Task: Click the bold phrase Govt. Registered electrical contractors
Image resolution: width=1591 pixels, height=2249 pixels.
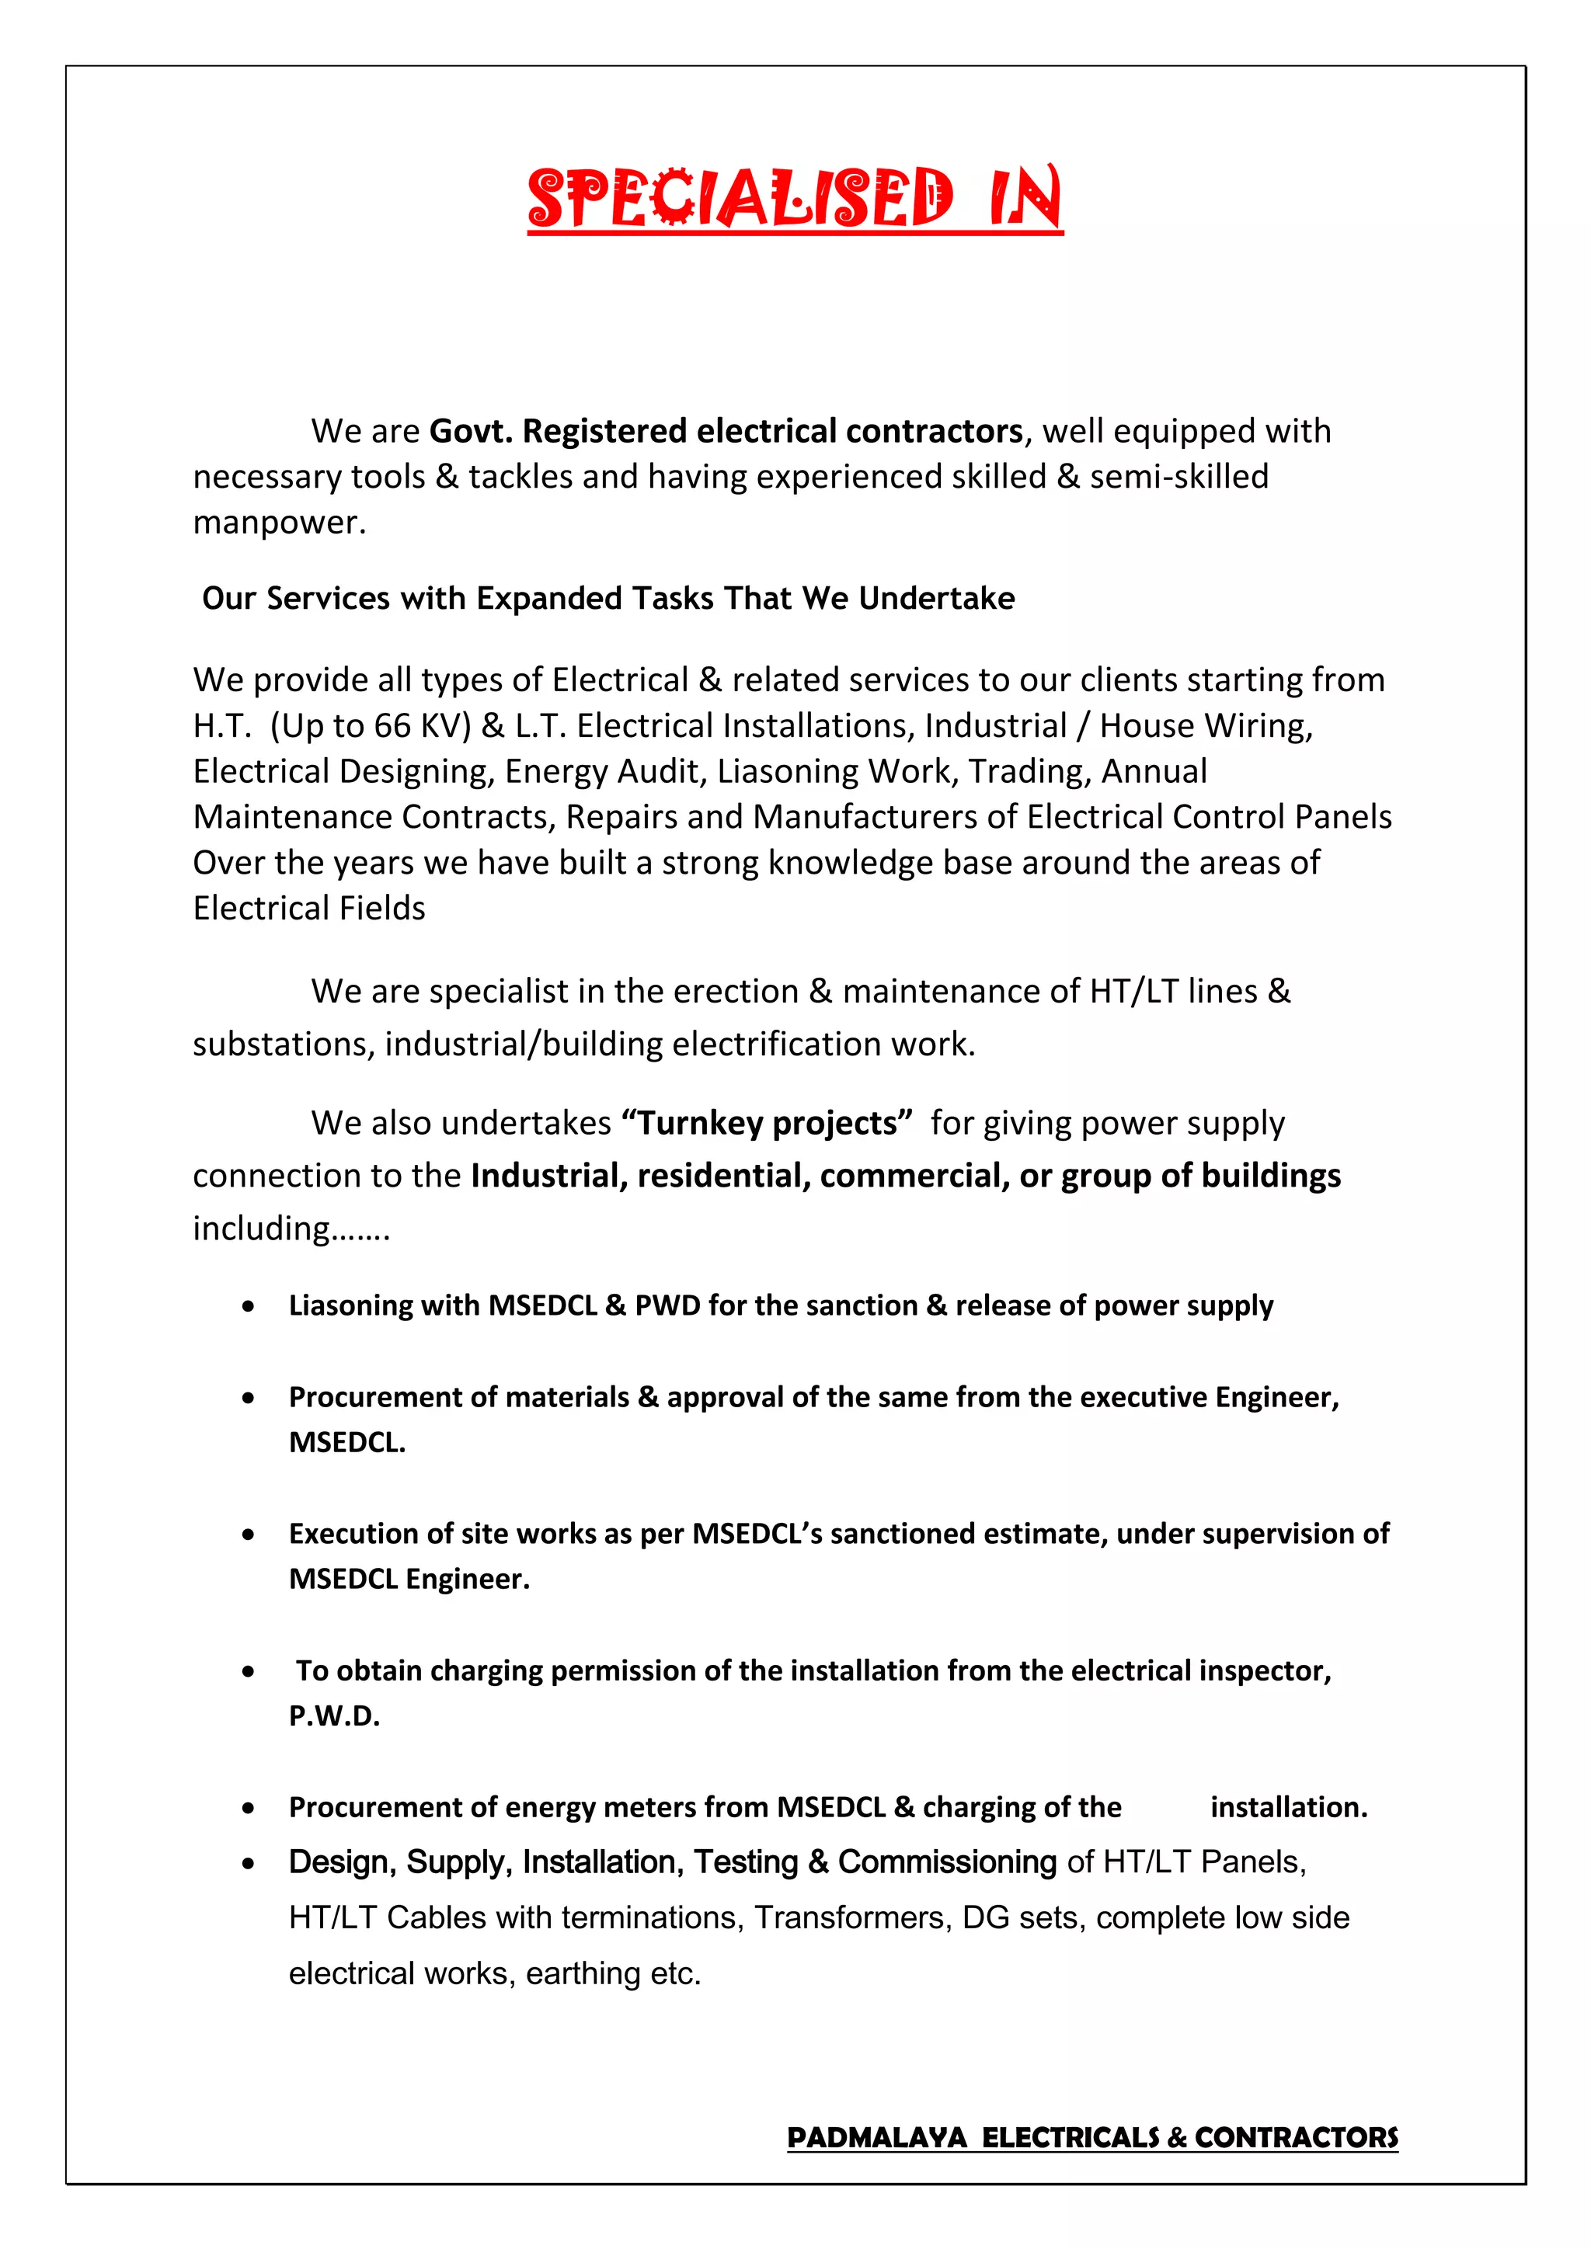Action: click(726, 431)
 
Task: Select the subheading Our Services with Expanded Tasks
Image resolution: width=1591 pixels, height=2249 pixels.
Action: click(608, 599)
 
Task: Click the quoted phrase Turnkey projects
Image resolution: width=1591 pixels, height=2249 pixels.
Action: click(767, 1122)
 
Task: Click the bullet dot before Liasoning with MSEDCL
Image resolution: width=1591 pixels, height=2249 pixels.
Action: click(249, 1307)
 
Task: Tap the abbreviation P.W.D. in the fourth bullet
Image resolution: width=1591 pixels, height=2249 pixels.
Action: click(334, 1716)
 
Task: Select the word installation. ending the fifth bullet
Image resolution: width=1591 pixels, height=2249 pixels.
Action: click(1288, 1807)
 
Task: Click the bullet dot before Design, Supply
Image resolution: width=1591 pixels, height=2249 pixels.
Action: click(249, 1864)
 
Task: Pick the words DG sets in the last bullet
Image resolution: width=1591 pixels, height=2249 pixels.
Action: click(1023, 1918)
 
